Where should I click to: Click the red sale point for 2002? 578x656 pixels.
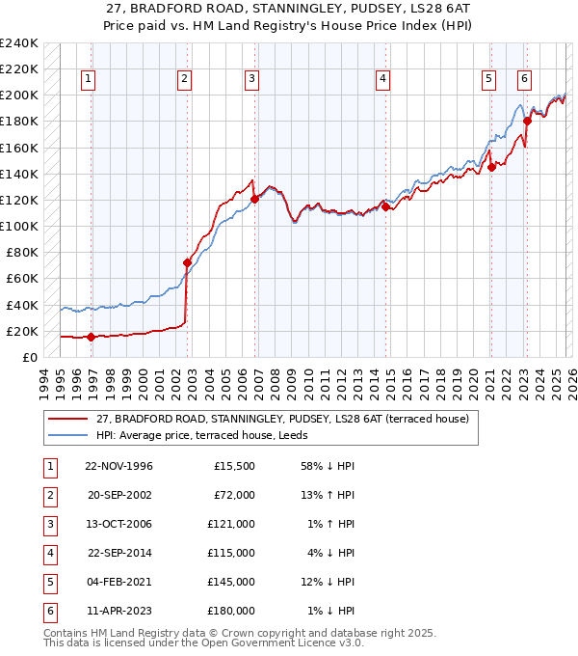187,262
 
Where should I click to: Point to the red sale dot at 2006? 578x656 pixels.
255,199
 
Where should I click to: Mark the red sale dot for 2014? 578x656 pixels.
385,206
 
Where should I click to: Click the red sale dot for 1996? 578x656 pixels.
91,337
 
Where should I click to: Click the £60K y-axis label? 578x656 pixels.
23,279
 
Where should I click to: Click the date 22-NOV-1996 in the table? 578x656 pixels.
118,466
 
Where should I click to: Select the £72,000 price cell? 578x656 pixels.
234,495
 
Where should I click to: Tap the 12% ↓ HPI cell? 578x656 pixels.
328,582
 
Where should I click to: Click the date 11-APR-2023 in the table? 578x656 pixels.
118,611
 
